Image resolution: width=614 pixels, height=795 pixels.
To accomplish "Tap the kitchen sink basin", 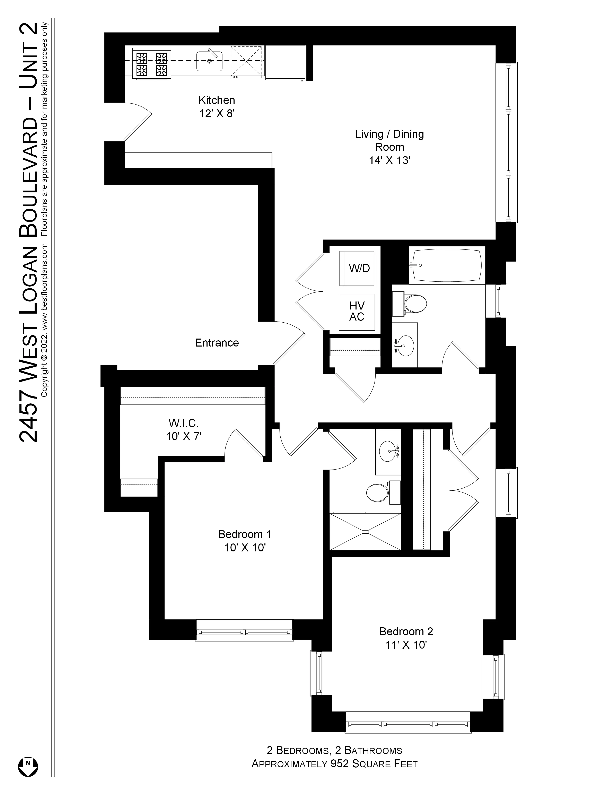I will [209, 61].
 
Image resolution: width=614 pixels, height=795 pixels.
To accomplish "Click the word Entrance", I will [217, 342].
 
